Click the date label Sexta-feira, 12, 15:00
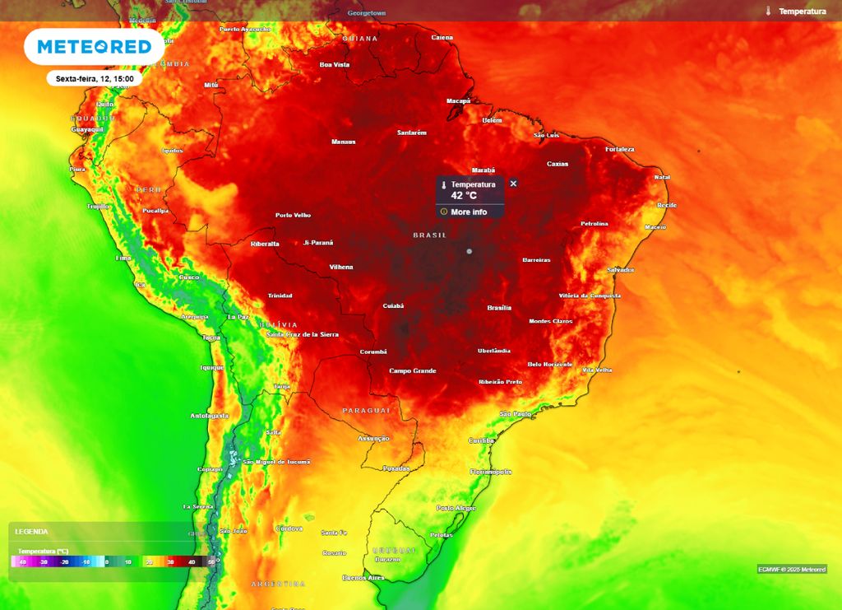[x=95, y=79]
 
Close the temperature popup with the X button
[x=513, y=184]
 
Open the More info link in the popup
[x=468, y=212]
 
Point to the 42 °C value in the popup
[x=463, y=196]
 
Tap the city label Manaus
[x=343, y=142]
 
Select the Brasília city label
[x=499, y=308]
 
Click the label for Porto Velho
[x=293, y=216]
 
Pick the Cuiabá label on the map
[x=393, y=305]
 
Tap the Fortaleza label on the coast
[x=619, y=149]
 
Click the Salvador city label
[x=620, y=269]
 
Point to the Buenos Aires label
[x=363, y=578]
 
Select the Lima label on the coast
[x=123, y=258]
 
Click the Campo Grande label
[x=412, y=370]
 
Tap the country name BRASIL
[x=429, y=235]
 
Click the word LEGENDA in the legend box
[x=31, y=532]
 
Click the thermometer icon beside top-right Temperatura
[x=768, y=12]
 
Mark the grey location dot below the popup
[x=470, y=251]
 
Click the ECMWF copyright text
[x=792, y=569]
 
